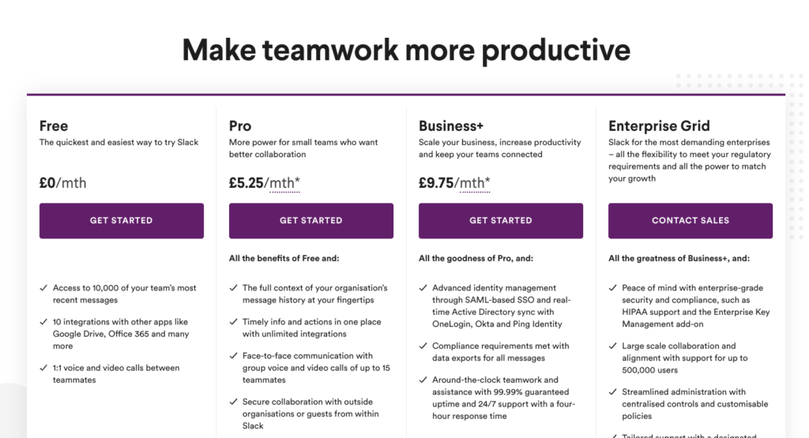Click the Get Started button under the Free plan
(121, 220)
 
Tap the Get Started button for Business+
(500, 220)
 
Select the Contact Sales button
(690, 220)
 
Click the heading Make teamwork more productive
(406, 51)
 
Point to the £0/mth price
(63, 183)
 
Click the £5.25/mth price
(264, 183)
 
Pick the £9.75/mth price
(454, 183)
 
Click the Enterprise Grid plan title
(659, 126)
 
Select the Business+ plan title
(451, 126)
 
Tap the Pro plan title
(240, 126)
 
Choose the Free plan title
(54, 126)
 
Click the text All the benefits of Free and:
(284, 258)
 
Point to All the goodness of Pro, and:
(476, 258)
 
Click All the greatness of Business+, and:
(679, 258)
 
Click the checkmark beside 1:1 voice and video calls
(43, 368)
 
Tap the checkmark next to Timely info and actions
(233, 321)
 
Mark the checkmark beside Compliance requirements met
(423, 346)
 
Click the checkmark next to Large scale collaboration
(613, 346)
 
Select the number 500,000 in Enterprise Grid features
(638, 370)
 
